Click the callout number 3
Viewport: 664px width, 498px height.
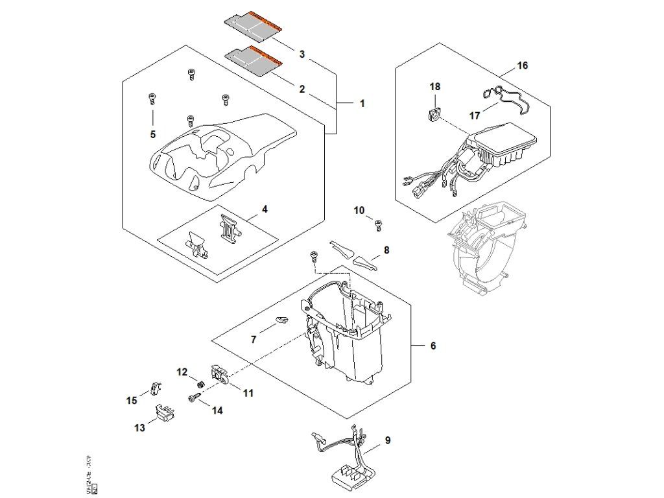tap(302, 54)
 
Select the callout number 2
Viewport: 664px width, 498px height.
tap(302, 89)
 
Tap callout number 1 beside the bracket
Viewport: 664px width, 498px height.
tap(362, 103)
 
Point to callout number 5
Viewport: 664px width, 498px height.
tap(153, 134)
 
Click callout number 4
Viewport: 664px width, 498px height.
tap(265, 209)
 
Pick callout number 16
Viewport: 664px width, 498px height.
tap(523, 65)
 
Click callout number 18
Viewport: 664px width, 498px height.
tap(434, 86)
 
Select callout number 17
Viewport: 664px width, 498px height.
tap(475, 116)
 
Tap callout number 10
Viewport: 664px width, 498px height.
tap(359, 210)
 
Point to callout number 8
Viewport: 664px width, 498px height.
tap(386, 250)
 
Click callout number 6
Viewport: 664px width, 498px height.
tap(433, 346)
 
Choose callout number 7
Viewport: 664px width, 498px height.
tap(254, 338)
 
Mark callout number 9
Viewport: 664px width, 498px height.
tap(387, 441)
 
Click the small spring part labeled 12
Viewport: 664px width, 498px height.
tap(201, 384)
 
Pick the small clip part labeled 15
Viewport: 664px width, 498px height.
tap(156, 388)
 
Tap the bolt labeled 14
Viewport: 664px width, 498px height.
tap(193, 399)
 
